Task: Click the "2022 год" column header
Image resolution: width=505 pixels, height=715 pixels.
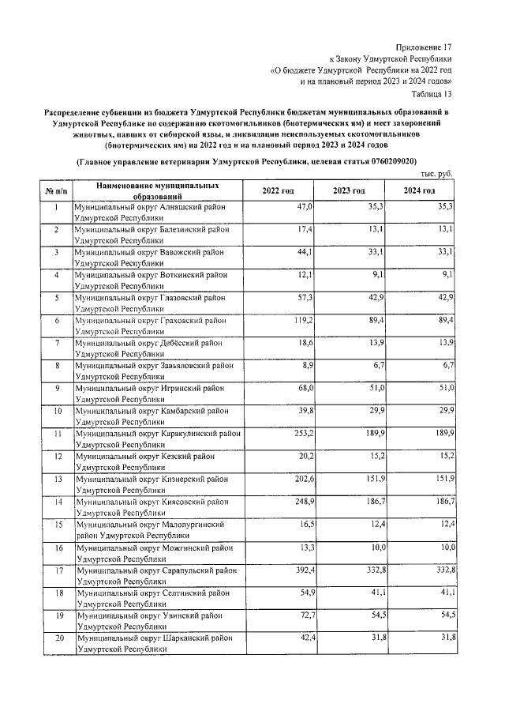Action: click(278, 191)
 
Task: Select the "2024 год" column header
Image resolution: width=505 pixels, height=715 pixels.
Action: click(419, 191)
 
